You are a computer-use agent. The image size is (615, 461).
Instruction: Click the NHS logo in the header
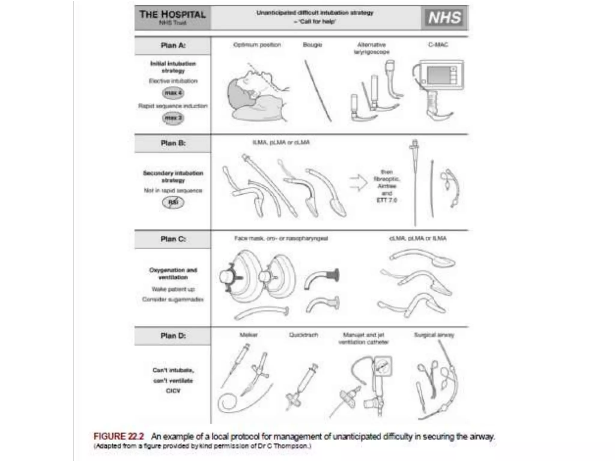click(x=444, y=18)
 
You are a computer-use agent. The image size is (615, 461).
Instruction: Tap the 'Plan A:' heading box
click(x=173, y=46)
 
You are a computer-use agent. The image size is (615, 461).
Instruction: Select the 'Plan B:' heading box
click(x=173, y=143)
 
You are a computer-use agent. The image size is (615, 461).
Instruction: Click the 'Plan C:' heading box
click(x=173, y=239)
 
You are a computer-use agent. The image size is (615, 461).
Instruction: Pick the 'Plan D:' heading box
click(x=173, y=336)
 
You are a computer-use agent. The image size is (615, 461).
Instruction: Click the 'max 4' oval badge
click(x=173, y=93)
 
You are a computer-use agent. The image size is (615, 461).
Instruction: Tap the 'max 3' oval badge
click(x=173, y=118)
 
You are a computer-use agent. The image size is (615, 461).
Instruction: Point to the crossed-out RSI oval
click(x=173, y=202)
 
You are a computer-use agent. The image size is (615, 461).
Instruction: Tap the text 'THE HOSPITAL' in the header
click(x=172, y=14)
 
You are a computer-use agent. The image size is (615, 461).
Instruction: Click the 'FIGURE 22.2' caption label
click(x=119, y=436)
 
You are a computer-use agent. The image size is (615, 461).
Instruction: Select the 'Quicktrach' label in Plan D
click(x=303, y=335)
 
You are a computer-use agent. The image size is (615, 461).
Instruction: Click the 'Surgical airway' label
click(x=434, y=335)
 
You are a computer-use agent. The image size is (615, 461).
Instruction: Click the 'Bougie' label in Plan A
click(x=312, y=45)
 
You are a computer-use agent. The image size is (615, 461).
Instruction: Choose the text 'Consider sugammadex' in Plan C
click(x=173, y=299)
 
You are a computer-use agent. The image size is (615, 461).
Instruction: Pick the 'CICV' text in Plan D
click(x=173, y=391)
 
